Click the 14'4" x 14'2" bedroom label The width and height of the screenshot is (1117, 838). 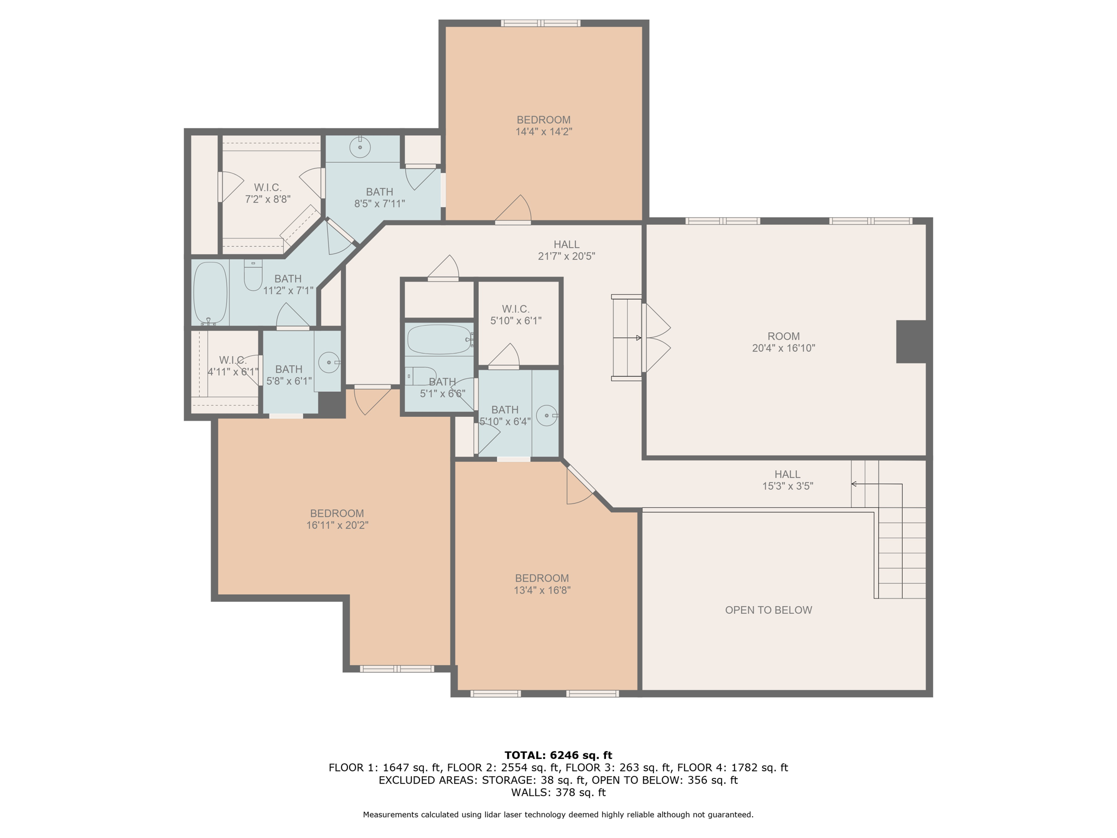[543, 125]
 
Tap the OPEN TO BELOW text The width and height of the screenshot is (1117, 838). [768, 610]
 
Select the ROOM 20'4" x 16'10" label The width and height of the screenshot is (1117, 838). [783, 342]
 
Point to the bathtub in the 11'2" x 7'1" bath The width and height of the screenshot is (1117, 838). [210, 292]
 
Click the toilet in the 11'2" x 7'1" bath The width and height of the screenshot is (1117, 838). [253, 276]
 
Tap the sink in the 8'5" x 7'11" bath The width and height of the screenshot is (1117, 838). [360, 147]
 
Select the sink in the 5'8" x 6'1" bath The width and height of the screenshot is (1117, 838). [329, 362]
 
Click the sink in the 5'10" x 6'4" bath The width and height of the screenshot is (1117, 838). [547, 416]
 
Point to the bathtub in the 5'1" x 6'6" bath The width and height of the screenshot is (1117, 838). [440, 339]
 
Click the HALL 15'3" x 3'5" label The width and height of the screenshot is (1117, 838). [787, 480]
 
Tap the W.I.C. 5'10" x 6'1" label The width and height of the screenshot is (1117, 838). [515, 315]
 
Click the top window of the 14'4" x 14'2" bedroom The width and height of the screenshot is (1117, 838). [541, 23]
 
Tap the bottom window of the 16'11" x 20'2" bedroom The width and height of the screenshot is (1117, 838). [397, 669]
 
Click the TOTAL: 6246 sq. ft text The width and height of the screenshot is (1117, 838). [558, 755]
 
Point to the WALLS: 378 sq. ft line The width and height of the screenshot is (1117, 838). [558, 792]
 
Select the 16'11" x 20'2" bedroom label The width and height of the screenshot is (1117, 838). [337, 519]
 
